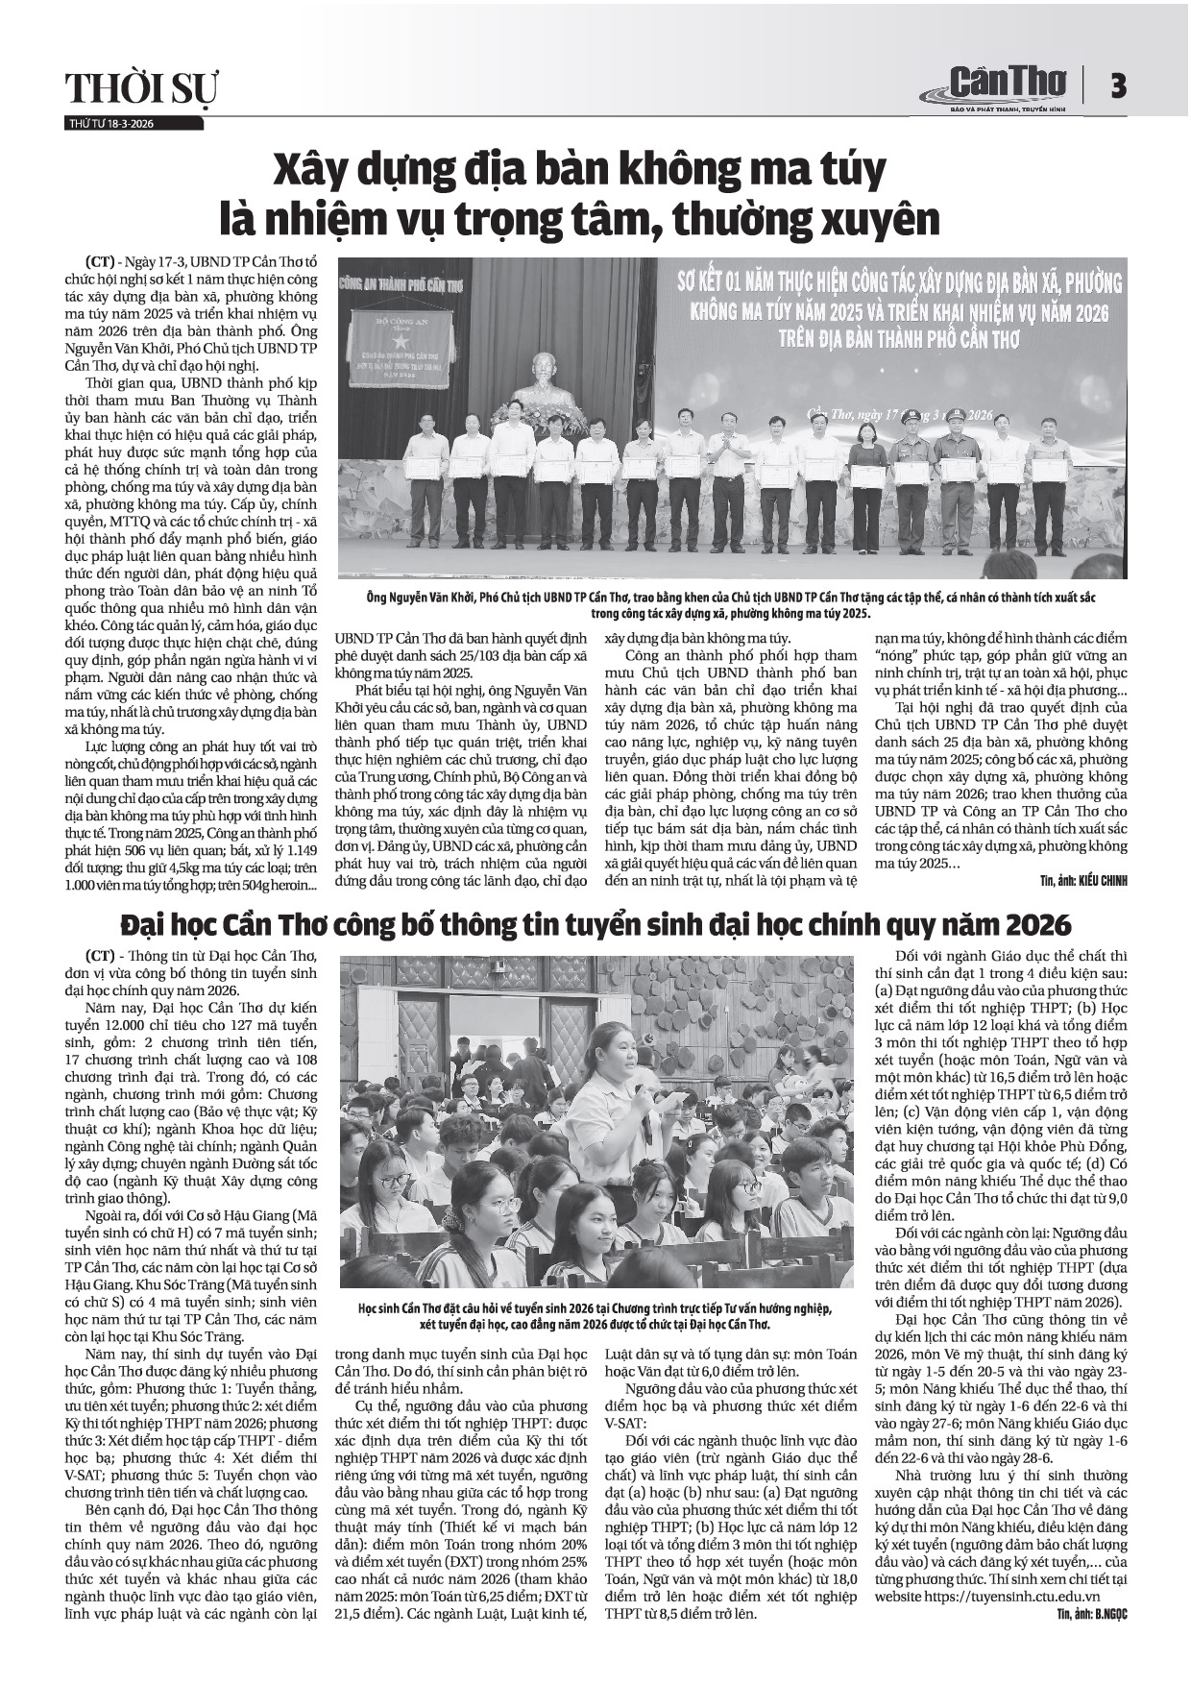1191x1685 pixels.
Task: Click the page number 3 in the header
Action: [1117, 86]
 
